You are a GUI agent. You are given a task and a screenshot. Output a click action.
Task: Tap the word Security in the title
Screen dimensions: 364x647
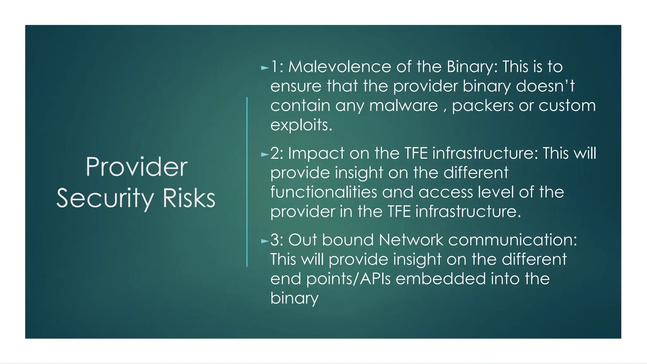click(105, 198)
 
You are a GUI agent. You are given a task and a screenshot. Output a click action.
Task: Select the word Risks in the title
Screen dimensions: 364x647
click(189, 198)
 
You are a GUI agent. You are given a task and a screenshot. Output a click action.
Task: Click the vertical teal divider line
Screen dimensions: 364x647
click(247, 182)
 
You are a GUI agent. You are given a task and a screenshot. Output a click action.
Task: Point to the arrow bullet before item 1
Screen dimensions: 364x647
click(265, 68)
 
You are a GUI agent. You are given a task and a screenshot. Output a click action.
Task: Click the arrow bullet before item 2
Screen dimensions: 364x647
click(265, 155)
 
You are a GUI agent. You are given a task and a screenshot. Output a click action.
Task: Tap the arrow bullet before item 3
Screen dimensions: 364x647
click(265, 241)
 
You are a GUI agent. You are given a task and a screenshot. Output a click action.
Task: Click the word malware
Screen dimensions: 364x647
click(403, 106)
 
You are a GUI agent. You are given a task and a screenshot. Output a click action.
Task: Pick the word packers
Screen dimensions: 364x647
click(483, 106)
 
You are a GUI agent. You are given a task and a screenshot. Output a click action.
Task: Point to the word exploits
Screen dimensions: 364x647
click(301, 125)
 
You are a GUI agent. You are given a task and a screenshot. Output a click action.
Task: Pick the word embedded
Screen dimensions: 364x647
click(450, 279)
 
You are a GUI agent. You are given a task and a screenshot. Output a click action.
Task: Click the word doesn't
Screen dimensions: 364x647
click(545, 86)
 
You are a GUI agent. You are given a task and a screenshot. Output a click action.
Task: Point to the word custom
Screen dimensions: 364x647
click(567, 106)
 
